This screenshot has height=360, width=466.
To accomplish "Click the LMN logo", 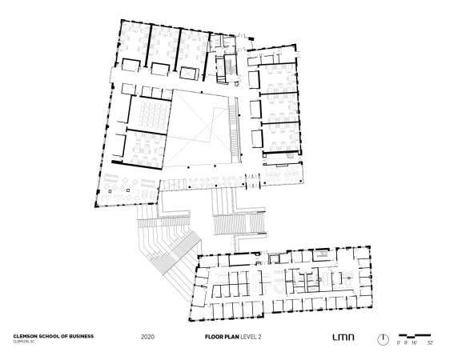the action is click(x=343, y=337).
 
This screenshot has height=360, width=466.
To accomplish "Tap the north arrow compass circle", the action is click(x=383, y=339).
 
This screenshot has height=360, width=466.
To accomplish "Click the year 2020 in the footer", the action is click(x=147, y=337).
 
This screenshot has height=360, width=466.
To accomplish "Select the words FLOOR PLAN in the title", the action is click(x=222, y=337).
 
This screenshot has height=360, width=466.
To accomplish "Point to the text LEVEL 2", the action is click(x=251, y=337).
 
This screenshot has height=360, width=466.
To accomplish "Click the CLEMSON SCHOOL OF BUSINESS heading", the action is click(x=54, y=336).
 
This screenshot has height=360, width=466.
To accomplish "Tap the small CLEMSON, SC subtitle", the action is click(x=23, y=342).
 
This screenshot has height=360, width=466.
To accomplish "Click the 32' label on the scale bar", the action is click(x=430, y=342).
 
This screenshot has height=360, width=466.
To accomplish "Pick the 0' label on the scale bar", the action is click(x=399, y=342).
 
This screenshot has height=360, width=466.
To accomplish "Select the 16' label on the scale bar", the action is click(x=414, y=342).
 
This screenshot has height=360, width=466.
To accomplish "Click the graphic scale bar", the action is click(x=415, y=336).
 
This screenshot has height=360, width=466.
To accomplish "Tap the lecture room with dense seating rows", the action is click(x=150, y=113).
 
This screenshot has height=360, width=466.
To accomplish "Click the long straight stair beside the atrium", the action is click(x=235, y=130).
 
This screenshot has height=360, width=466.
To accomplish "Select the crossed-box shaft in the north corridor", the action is click(x=189, y=73).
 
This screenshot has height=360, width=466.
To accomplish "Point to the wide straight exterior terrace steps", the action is click(x=239, y=224).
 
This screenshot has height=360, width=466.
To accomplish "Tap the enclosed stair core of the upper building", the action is click(x=227, y=68).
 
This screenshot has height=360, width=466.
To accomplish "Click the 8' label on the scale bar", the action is click(x=406, y=342).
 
